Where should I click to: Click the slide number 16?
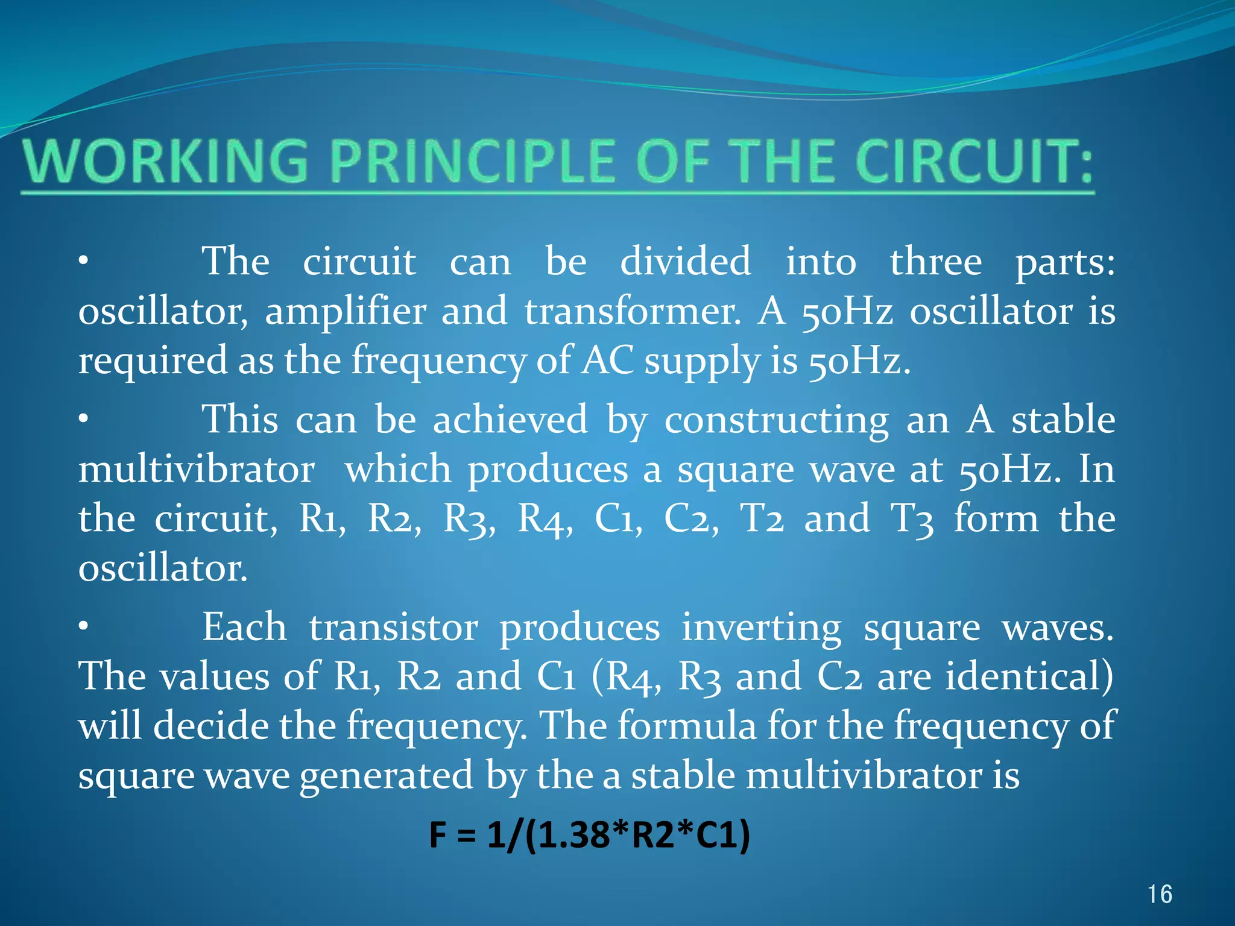tap(1160, 894)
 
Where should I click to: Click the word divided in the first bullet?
tap(686, 262)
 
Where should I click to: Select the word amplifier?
tap(346, 312)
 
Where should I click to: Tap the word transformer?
tap(632, 312)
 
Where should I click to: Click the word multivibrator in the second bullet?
tap(197, 470)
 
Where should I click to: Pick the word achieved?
tap(510, 420)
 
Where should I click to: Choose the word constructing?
tap(776, 421)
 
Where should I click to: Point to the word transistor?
tap(394, 628)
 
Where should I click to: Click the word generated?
tap(386, 776)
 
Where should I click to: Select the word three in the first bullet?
tap(936, 262)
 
